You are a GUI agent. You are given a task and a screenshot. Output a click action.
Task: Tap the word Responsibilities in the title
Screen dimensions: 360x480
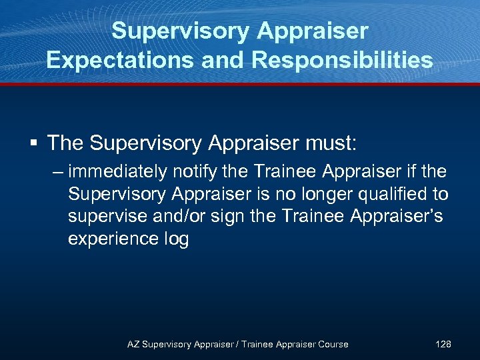[x=343, y=60]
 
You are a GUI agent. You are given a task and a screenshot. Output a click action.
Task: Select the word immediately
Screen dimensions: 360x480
[x=117, y=172]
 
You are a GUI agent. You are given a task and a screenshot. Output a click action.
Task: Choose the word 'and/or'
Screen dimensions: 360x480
[x=179, y=217]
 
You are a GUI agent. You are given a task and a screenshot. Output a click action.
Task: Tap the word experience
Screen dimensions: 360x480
[x=114, y=239]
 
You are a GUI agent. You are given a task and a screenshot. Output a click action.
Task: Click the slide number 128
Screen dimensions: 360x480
[x=443, y=344]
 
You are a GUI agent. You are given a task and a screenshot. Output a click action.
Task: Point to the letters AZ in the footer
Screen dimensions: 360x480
[x=134, y=344]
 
